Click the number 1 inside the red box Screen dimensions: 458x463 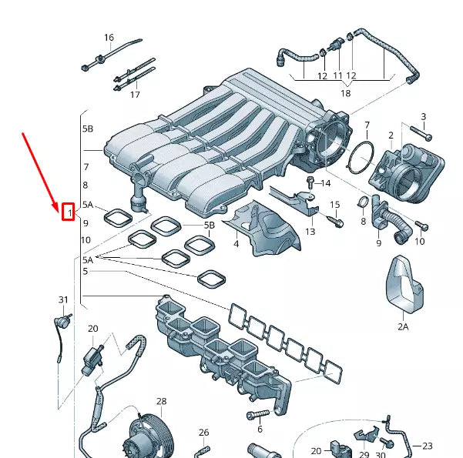(x=68, y=211)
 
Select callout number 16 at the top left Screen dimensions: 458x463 (x=109, y=38)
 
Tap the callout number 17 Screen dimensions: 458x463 (x=135, y=95)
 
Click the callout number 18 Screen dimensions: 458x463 (x=345, y=93)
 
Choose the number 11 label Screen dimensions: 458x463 (x=337, y=76)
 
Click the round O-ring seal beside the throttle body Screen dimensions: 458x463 (x=361, y=158)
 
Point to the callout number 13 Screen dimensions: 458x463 (x=310, y=231)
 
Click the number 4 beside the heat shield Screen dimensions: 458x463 (x=237, y=244)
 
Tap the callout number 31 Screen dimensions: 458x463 (x=63, y=299)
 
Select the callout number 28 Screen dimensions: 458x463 (x=161, y=402)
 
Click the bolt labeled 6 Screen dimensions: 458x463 (x=256, y=416)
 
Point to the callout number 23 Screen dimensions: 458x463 (x=428, y=446)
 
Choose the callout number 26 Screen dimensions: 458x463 (x=203, y=433)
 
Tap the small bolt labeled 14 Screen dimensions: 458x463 (x=310, y=183)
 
